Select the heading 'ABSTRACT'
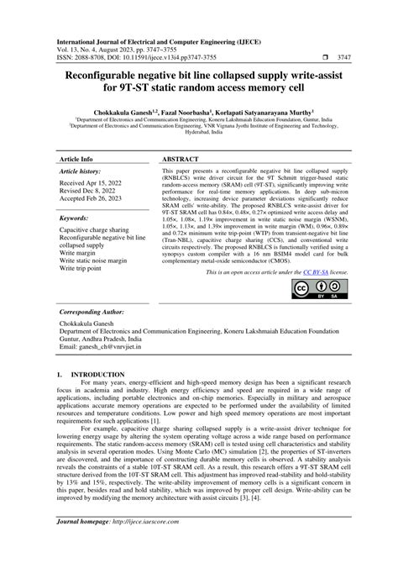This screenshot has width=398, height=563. click(181, 157)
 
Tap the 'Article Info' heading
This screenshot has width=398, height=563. click(76, 157)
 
